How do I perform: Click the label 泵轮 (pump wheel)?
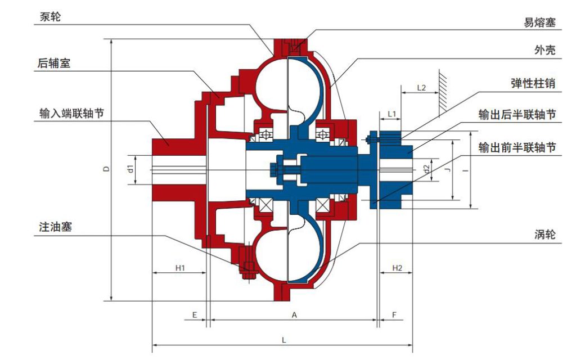coord(50,16)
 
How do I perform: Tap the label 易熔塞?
coord(539,22)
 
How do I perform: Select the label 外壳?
coord(544,50)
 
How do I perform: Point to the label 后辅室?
coord(53,63)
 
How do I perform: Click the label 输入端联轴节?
coord(71,113)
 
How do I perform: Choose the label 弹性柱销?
coord(533,83)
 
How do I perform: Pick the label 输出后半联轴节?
coord(517,115)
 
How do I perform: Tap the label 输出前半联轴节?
coord(517,147)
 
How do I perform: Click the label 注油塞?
coord(56,227)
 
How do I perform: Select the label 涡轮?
coord(544,234)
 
